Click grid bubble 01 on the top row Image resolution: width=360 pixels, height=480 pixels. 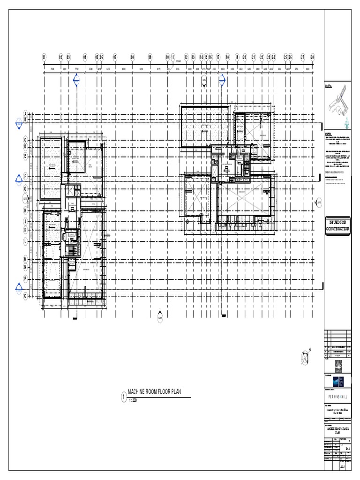pyautogui.click(x=44, y=57)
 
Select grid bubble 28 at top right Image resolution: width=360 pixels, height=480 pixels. pyautogui.click(x=313, y=57)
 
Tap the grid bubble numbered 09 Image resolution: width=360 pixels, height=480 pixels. pyautogui.click(x=150, y=57)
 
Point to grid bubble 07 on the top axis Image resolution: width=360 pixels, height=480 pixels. pyautogui.click(x=115, y=57)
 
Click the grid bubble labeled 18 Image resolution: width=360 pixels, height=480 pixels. pyautogui.click(x=227, y=57)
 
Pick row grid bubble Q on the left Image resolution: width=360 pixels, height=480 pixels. pyautogui.click(x=26, y=296)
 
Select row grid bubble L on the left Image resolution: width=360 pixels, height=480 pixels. pyautogui.click(x=26, y=241)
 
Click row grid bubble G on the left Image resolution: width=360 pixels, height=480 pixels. pyautogui.click(x=26, y=188)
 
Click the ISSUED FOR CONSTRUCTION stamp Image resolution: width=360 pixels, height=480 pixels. pyautogui.click(x=338, y=225)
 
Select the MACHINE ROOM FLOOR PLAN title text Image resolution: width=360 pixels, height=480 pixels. pyautogui.click(x=154, y=391)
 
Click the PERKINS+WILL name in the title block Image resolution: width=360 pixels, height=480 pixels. pyautogui.click(x=338, y=396)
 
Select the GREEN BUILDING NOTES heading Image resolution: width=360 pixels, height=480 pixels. pyautogui.click(x=337, y=172)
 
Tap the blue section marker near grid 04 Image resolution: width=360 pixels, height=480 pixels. pyautogui.click(x=77, y=83)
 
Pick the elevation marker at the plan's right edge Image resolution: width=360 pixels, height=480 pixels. pyautogui.click(x=319, y=203)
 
